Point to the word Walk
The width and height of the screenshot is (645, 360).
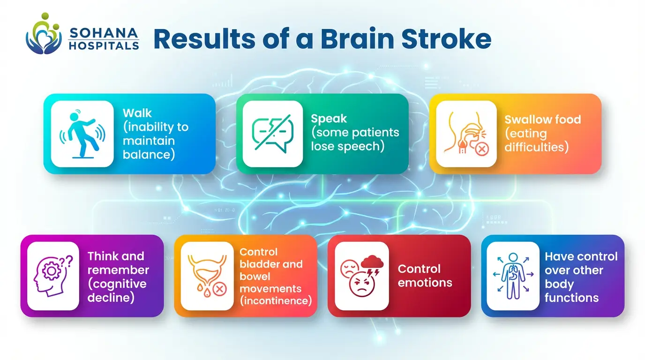137,113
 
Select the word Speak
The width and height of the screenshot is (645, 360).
329,119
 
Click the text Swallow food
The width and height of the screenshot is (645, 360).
542,120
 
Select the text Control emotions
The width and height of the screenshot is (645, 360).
425,276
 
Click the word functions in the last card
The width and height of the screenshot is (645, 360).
571,297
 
